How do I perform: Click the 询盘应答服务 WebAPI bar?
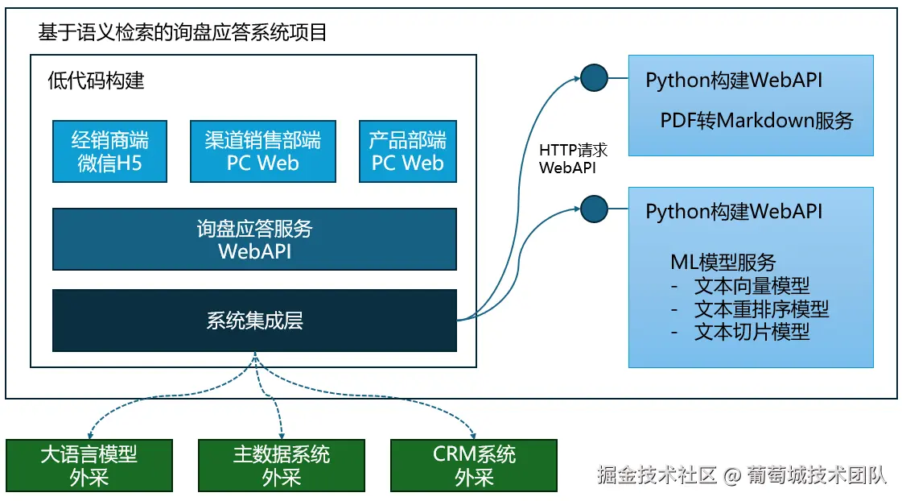(x=254, y=239)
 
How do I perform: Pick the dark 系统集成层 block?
(x=254, y=321)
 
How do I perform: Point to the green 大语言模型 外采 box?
(x=89, y=466)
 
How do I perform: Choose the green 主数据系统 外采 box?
(x=281, y=466)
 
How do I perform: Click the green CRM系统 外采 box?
(x=473, y=466)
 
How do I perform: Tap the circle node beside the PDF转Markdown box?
(x=594, y=78)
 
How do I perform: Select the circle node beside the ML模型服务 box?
(x=594, y=208)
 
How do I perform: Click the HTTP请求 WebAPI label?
(x=573, y=159)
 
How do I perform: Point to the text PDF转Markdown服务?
(x=756, y=121)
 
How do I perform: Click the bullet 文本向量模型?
(x=752, y=285)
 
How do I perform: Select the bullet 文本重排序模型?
(x=761, y=308)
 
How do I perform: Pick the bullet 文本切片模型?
(x=752, y=331)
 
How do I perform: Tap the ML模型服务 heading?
(x=723, y=262)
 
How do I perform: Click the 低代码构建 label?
(x=96, y=81)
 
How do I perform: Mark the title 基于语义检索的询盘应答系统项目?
(x=182, y=33)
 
